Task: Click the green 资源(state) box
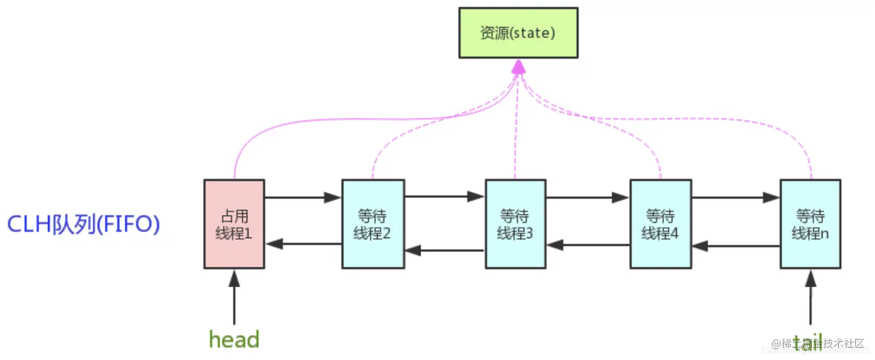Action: tap(518, 32)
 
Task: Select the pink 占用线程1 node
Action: tap(234, 224)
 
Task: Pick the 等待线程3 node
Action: tap(515, 224)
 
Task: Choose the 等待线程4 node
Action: tap(660, 224)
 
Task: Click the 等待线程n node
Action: tap(810, 224)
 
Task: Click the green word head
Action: tap(234, 340)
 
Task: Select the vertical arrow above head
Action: tap(234, 298)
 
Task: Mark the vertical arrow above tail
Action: tap(810, 298)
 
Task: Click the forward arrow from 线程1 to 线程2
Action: tap(303, 197)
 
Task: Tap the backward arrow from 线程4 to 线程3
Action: tap(587, 245)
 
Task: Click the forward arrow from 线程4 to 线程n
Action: tap(735, 197)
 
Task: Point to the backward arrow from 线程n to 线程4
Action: tap(736, 246)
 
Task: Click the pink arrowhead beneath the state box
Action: tap(519, 67)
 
